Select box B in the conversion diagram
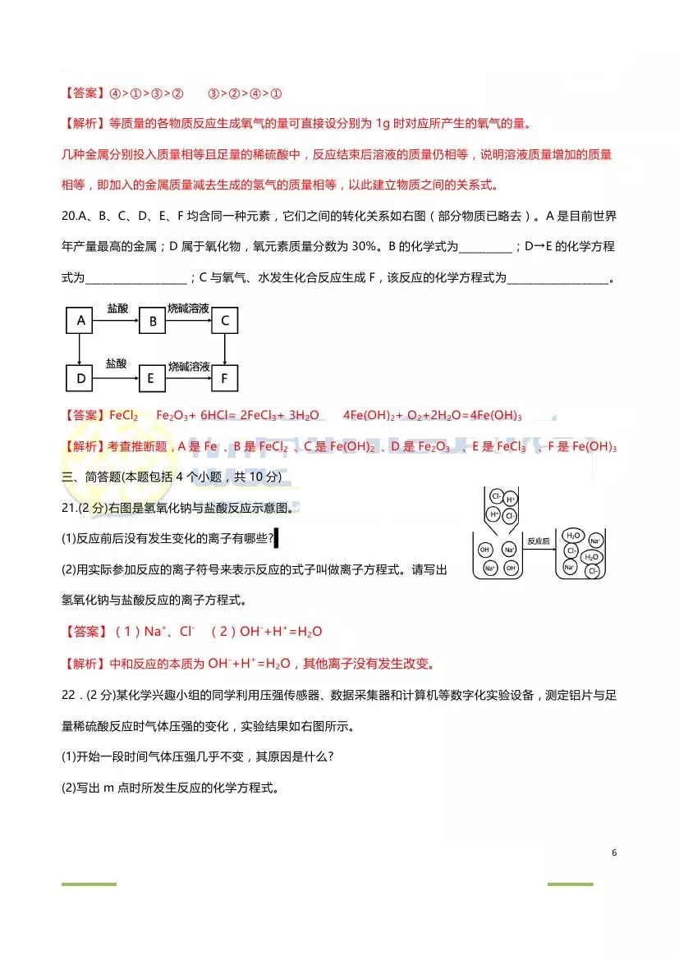click(x=152, y=321)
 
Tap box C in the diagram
click(x=224, y=321)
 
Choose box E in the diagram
click(x=152, y=378)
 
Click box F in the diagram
click(x=224, y=378)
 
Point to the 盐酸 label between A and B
click(x=117, y=308)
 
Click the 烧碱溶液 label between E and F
click(x=188, y=366)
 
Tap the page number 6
click(x=614, y=852)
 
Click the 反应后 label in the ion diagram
click(x=538, y=541)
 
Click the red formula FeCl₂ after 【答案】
click(x=123, y=415)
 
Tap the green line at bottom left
click(x=89, y=884)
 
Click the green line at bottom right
click(x=570, y=884)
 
